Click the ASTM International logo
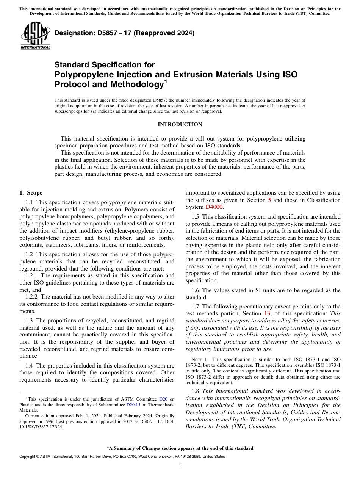point(35,36)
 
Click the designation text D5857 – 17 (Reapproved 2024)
point(124,33)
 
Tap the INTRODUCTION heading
point(180,125)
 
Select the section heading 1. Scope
point(31,193)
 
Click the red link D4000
point(214,207)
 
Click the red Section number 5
point(269,200)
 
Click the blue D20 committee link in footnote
point(163,399)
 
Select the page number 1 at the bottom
point(180,466)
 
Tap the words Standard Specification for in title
point(105,65)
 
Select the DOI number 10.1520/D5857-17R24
point(38,426)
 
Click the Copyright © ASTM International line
point(122,457)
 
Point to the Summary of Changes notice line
point(180,448)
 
